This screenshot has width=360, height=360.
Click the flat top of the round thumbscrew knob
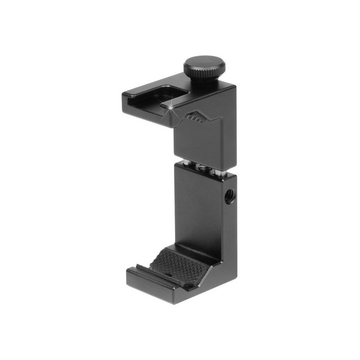pyautogui.click(x=204, y=63)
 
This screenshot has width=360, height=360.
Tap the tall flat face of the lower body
pyautogui.click(x=195, y=210)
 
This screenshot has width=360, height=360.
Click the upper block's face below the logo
pyautogui.click(x=195, y=142)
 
